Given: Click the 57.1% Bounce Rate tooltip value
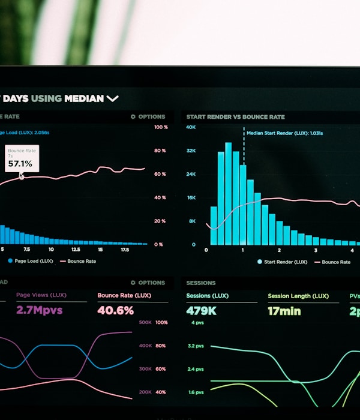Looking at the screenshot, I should pyautogui.click(x=20, y=163).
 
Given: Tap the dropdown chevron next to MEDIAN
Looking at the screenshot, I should pyautogui.click(x=112, y=98).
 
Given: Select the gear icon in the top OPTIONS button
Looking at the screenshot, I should pyautogui.click(x=133, y=117).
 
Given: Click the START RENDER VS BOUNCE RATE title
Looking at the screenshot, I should pyautogui.click(x=235, y=117).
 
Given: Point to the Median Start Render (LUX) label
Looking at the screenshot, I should pyautogui.click(x=284, y=133).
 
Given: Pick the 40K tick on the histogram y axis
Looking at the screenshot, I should pyautogui.click(x=190, y=127).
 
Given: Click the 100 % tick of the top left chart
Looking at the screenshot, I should pyautogui.click(x=161, y=127).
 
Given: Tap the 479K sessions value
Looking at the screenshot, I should pyautogui.click(x=201, y=311).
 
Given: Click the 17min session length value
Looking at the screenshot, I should pyautogui.click(x=283, y=311).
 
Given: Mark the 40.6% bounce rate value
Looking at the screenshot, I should pyautogui.click(x=115, y=310).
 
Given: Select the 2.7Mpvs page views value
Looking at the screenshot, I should pyautogui.click(x=39, y=310).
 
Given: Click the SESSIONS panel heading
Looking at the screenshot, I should pyautogui.click(x=200, y=283).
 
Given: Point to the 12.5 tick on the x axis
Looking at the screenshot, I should pyautogui.click(x=76, y=249).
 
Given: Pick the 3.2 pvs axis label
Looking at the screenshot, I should pyautogui.click(x=196, y=346).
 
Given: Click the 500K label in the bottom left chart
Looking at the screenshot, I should pyautogui.click(x=145, y=322).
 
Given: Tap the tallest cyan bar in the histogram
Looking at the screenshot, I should pyautogui.click(x=228, y=193).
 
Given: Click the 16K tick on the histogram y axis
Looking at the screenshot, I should pyautogui.click(x=190, y=197).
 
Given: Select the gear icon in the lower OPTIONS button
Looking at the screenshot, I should pyautogui.click(x=133, y=283).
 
